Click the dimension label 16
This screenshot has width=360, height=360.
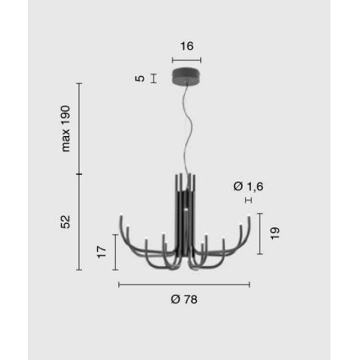[x=187, y=46]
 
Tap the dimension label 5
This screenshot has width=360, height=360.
[x=140, y=79]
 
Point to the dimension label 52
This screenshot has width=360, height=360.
[x=65, y=222]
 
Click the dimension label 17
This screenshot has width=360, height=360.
[x=102, y=252]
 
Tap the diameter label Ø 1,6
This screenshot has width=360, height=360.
[x=248, y=185]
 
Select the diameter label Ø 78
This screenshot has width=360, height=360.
[x=183, y=299]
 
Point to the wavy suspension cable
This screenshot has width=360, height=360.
[x=185, y=127]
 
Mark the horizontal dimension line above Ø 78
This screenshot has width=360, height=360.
[x=183, y=284]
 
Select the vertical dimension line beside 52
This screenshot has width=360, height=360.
[x=79, y=222]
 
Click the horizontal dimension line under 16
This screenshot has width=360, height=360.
[x=186, y=61]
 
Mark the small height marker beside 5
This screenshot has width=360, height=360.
[x=153, y=79]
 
